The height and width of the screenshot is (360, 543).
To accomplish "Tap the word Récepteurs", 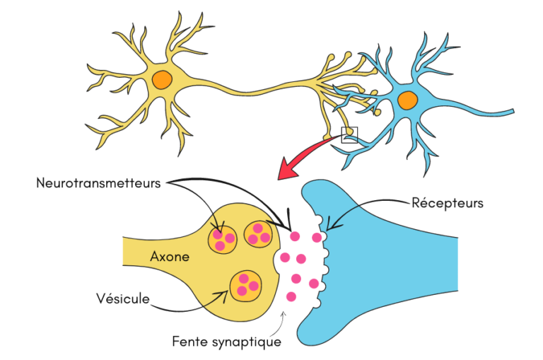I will click(447, 203).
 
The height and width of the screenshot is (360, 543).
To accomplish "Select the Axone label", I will click(170, 256).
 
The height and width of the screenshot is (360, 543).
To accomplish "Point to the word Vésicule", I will click(122, 298).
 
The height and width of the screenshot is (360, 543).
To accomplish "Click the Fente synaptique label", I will click(226, 341).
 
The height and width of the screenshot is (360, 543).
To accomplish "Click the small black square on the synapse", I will click(349, 134).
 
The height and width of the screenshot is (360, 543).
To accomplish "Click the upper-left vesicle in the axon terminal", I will click(223, 238).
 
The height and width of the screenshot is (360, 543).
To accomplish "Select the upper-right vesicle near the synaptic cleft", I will click(257, 234).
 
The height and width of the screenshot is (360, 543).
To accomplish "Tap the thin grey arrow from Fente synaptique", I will click(281, 323).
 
